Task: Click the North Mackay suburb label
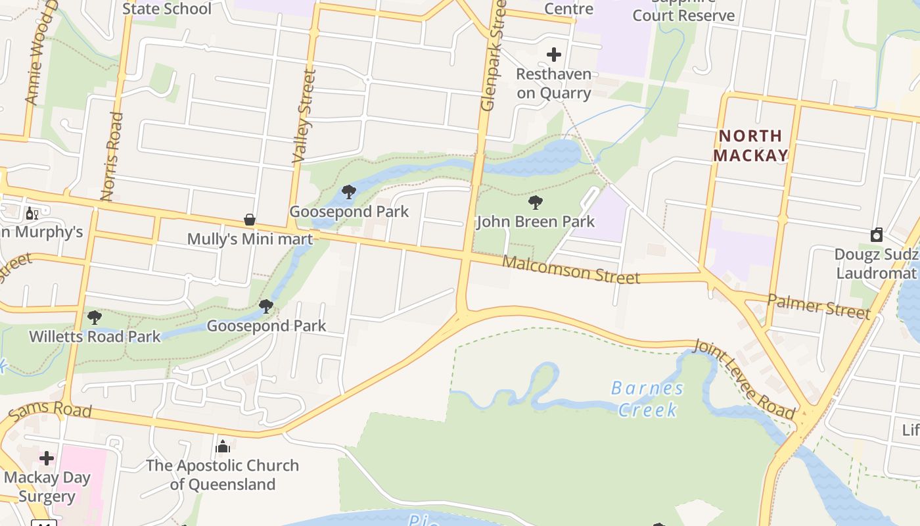tap(750, 145)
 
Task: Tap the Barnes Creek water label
tap(648, 399)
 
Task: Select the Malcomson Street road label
tap(570, 270)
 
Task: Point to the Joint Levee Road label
tap(745, 379)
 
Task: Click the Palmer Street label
tap(819, 306)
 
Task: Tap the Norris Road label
tap(112, 156)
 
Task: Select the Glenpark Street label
tap(493, 56)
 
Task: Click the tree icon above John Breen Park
tap(536, 203)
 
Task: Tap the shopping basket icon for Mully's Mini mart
tap(250, 220)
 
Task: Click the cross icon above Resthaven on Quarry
tap(554, 54)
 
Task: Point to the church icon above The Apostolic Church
tap(223, 446)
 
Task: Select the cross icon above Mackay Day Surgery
tap(47, 458)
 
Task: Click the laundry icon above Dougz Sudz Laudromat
tap(877, 235)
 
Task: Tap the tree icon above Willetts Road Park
tap(95, 318)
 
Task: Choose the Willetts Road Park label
tap(95, 337)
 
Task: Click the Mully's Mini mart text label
tap(250, 239)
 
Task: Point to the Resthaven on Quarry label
tap(554, 84)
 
